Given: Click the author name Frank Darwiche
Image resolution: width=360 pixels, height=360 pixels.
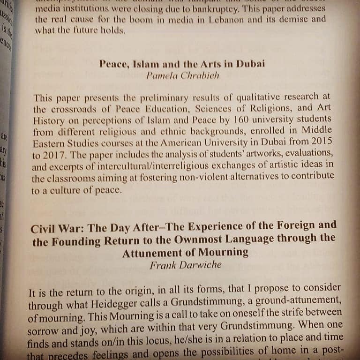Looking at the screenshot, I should (x=185, y=265).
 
